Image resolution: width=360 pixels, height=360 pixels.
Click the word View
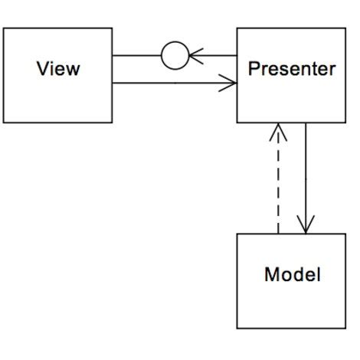point(58,70)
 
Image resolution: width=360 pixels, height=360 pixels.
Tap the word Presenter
point(292,70)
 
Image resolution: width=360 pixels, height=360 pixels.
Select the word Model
point(292,274)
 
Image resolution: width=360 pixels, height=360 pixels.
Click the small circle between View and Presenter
point(175,56)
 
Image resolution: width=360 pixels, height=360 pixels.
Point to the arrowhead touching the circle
point(196,56)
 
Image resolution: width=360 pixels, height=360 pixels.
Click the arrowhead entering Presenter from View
point(227,83)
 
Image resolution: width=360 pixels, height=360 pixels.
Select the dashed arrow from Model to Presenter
point(278,184)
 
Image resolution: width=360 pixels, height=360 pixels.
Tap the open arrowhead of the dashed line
point(278,133)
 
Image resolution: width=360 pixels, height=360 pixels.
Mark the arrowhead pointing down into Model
point(306,225)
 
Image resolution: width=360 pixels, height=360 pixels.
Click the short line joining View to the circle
point(136,56)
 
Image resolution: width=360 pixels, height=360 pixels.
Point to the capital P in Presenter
point(254,70)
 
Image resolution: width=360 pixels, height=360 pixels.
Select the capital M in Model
point(270,274)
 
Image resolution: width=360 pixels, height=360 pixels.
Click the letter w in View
point(73,70)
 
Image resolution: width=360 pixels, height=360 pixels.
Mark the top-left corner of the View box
point(4,28)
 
